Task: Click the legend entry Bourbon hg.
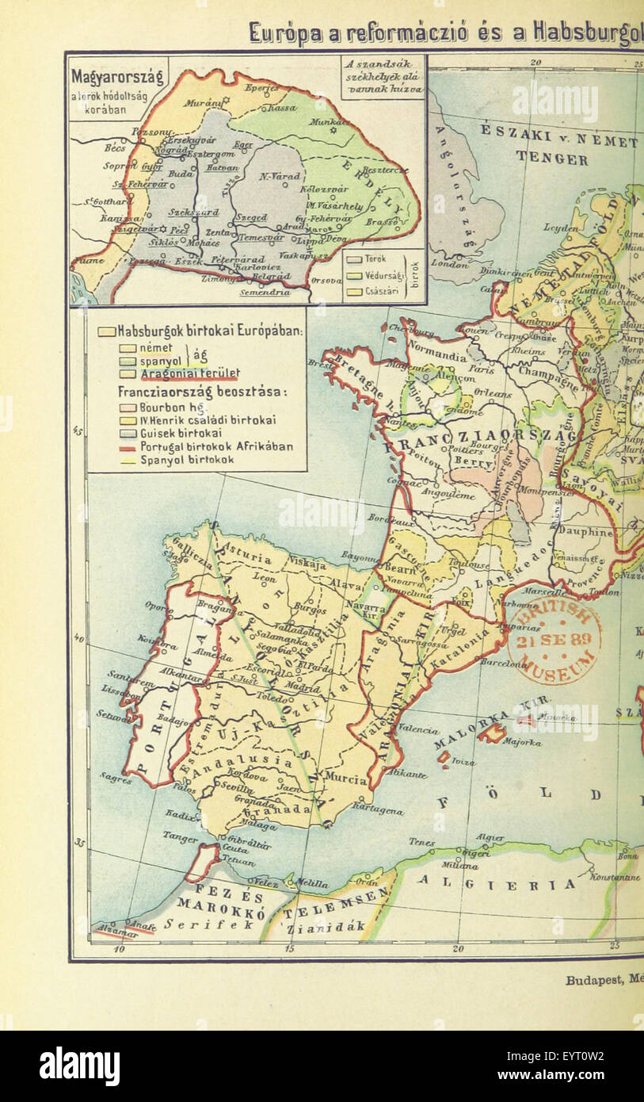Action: pyautogui.click(x=162, y=406)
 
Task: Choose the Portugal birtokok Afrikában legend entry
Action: pyautogui.click(x=206, y=446)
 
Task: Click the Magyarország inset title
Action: pyautogui.click(x=117, y=77)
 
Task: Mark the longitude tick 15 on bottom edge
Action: pyautogui.click(x=289, y=948)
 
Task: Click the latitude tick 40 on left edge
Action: pyautogui.click(x=78, y=637)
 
